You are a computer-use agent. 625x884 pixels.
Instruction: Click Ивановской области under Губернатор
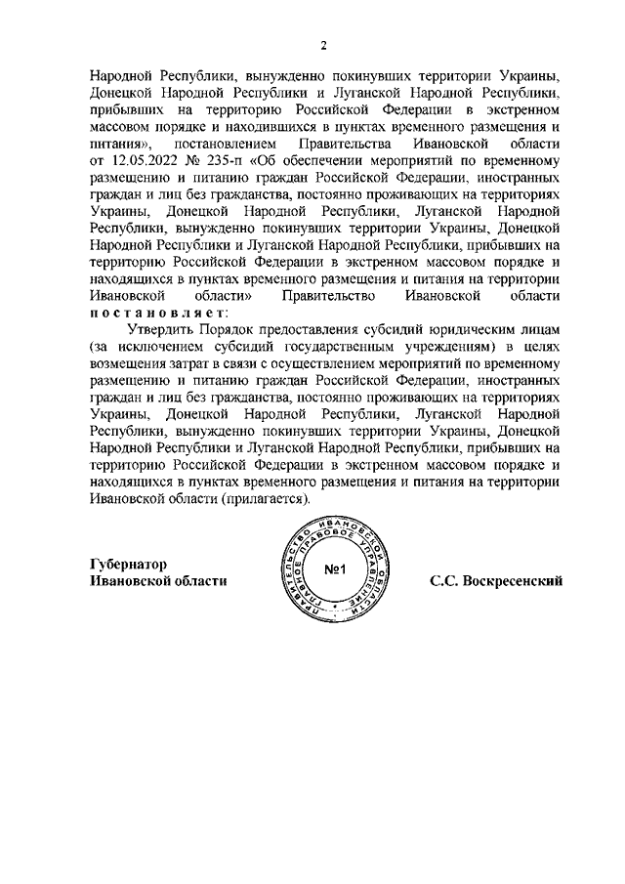[157, 581]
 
